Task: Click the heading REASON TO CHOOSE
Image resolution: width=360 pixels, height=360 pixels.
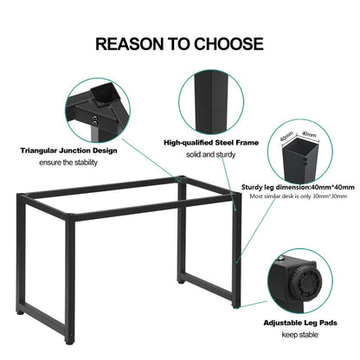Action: pyautogui.click(x=179, y=43)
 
